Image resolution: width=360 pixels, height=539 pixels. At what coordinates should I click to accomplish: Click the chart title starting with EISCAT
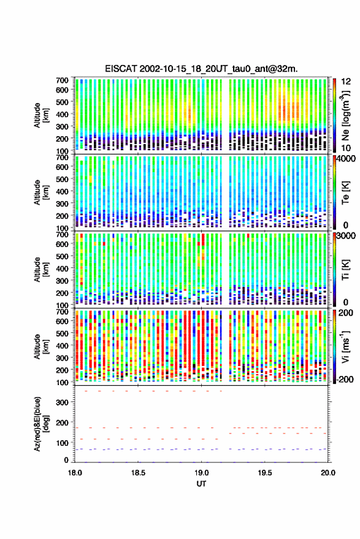[201, 69]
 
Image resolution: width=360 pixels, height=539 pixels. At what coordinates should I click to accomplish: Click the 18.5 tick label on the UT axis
[138, 473]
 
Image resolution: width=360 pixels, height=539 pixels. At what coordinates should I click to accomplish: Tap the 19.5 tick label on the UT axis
[264, 473]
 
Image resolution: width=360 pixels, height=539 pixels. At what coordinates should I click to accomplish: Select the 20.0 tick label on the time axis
[327, 473]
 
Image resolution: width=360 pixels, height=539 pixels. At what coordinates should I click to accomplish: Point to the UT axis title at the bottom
[201, 484]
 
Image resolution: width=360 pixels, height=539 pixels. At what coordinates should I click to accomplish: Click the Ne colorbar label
[346, 115]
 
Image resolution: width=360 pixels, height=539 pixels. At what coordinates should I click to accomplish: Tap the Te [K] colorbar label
[345, 193]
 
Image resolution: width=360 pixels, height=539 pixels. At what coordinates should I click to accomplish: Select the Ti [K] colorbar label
[345, 270]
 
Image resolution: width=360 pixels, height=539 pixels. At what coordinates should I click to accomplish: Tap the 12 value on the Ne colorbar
[345, 82]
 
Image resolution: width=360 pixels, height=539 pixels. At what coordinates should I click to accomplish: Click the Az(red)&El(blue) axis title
[41, 424]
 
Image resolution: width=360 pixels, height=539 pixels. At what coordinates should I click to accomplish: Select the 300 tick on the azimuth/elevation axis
[62, 402]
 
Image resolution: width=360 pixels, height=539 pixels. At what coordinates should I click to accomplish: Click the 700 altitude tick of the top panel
[62, 80]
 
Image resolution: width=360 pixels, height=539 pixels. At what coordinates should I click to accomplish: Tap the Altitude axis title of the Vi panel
[41, 346]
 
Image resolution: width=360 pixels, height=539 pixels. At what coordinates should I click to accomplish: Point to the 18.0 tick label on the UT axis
[75, 473]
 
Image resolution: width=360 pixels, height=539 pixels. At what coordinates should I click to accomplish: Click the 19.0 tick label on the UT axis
[201, 473]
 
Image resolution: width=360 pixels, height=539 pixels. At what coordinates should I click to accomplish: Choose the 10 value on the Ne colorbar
[345, 148]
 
